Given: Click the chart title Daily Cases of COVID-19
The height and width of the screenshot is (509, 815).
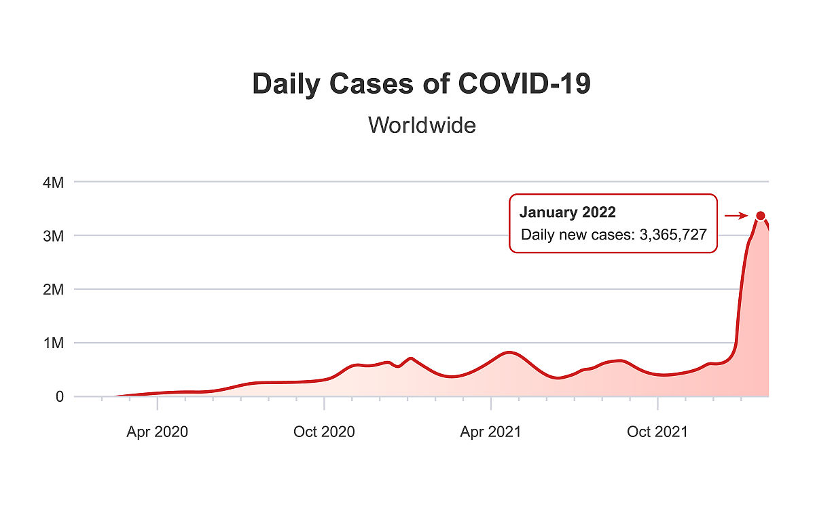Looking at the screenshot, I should click(421, 84).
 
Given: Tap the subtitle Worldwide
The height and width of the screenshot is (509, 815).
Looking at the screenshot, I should click(421, 125).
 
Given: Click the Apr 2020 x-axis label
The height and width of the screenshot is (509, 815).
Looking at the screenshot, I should click(157, 432).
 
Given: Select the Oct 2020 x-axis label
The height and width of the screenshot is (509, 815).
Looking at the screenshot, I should click(324, 432).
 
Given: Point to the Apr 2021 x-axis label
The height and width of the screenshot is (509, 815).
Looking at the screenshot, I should click(490, 432).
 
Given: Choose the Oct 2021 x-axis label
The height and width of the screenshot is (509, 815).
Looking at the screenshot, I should click(657, 432).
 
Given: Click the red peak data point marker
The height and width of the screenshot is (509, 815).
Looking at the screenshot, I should click(761, 216).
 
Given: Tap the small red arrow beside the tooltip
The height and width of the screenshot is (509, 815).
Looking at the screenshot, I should click(736, 216).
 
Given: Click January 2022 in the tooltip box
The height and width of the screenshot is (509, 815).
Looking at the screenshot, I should click(568, 212).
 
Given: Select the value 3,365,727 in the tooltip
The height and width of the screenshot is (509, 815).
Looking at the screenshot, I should click(673, 235).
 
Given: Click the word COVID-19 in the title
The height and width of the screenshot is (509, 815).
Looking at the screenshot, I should click(524, 84).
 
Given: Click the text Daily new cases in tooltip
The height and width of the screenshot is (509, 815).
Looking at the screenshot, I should click(577, 235).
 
